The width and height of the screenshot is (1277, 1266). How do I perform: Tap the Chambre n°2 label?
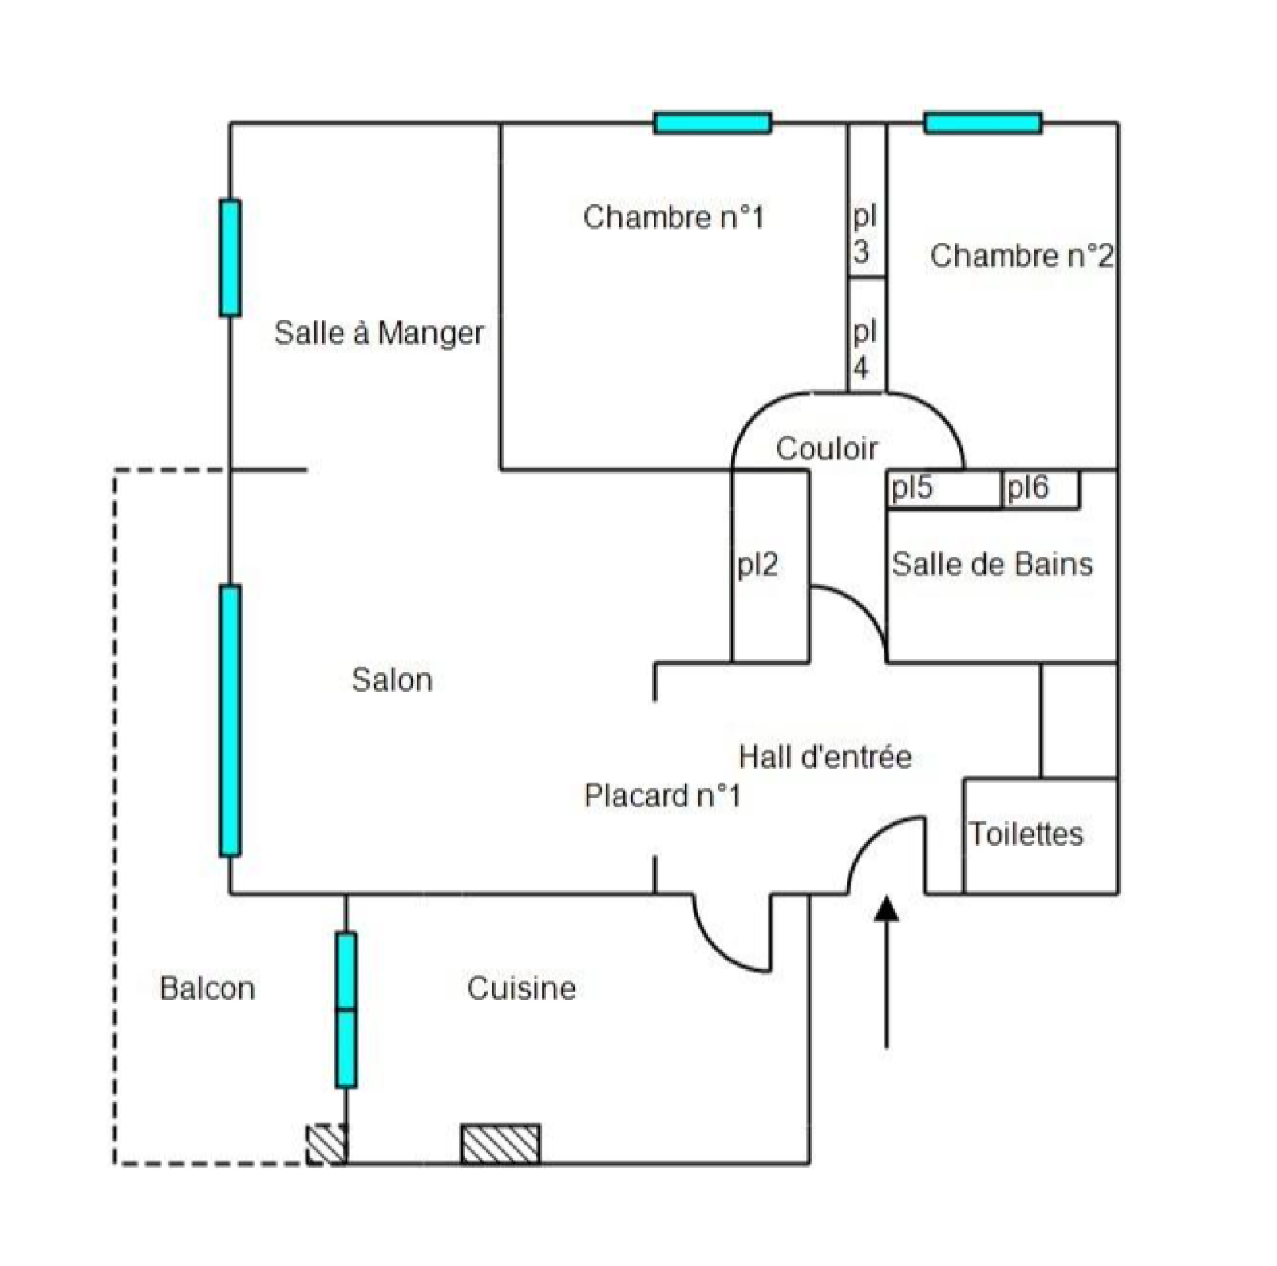(1021, 256)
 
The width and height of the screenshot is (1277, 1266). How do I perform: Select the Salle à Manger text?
(378, 333)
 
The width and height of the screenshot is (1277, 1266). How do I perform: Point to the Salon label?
(391, 680)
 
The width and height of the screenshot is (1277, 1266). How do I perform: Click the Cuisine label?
(521, 988)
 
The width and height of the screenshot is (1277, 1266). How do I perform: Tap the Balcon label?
(207, 988)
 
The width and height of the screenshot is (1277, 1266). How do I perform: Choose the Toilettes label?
(1026, 834)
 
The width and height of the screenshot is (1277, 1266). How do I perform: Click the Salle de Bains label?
(991, 564)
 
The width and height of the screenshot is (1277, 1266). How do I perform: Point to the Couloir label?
(826, 448)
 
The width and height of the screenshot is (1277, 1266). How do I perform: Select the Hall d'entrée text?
(824, 756)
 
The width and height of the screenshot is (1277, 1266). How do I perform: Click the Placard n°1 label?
(662, 795)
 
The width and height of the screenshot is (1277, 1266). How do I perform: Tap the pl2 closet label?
(757, 565)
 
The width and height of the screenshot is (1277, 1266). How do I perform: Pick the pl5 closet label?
(911, 487)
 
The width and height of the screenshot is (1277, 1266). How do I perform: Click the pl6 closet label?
(1026, 487)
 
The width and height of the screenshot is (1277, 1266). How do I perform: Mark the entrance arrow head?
(886, 909)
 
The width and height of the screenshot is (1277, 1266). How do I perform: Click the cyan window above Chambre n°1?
(712, 123)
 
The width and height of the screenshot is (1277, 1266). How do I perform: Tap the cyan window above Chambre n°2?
(982, 123)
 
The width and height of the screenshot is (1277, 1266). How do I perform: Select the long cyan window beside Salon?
(230, 720)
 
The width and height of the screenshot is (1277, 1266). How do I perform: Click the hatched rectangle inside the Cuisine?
(500, 1144)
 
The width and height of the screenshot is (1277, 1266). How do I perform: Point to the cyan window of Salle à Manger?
(230, 258)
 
